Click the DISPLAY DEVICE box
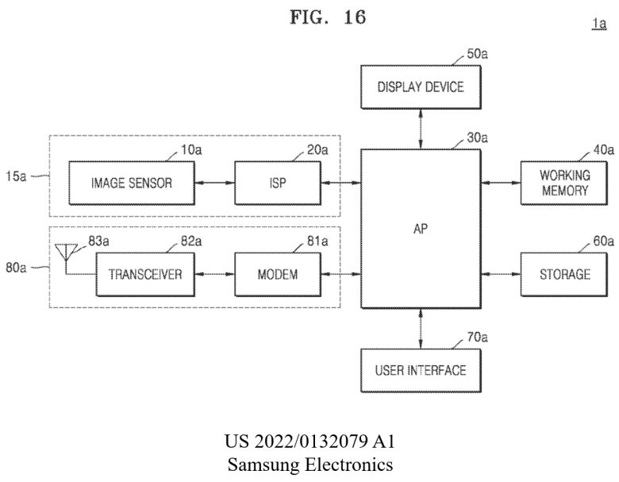420,87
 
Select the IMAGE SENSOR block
131,183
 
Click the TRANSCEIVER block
144,275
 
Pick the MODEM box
278,275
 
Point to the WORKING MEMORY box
564,183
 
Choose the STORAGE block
564,275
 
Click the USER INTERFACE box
420,370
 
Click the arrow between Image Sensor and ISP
215,183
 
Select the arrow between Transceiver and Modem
215,275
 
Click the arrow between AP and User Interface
420,329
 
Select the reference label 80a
17,268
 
